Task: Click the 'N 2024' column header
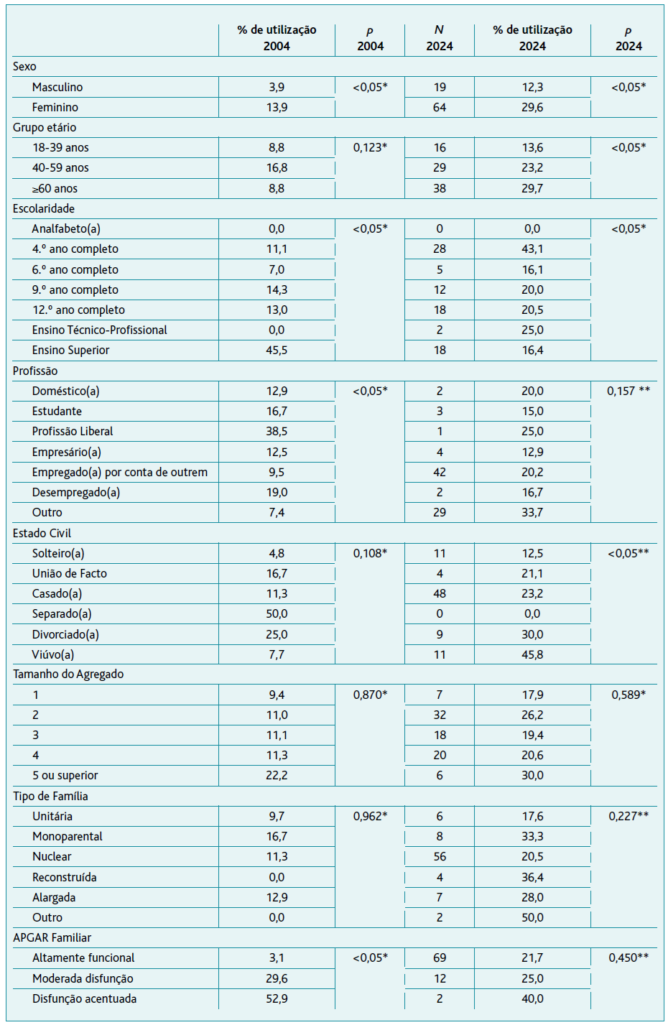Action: point(440,38)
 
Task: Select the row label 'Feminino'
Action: point(55,108)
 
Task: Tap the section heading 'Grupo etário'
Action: point(45,128)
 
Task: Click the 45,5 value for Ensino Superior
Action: point(277,350)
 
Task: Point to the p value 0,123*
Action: point(370,147)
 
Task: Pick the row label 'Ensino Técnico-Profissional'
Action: point(99,330)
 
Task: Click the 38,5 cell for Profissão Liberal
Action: point(277,431)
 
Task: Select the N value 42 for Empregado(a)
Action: point(440,472)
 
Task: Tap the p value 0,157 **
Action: point(628,391)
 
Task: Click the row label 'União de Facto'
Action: point(69,573)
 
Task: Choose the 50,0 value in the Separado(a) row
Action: point(277,613)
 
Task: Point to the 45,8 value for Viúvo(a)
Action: point(532,654)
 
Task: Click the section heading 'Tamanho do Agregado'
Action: point(68,674)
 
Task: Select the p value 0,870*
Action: point(370,695)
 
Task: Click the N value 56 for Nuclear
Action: point(440,856)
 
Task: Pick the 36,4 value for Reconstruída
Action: point(532,877)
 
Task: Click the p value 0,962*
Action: point(370,816)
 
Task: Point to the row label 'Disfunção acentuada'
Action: point(84,998)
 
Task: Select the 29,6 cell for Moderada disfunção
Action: point(277,978)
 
